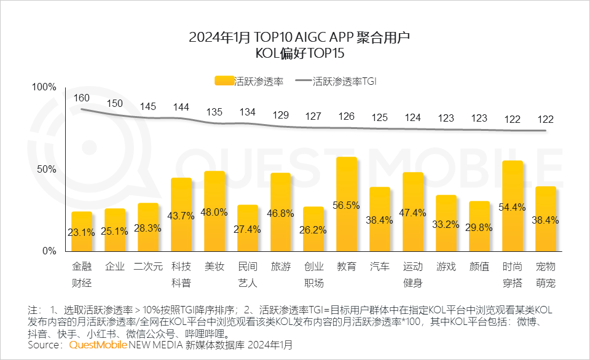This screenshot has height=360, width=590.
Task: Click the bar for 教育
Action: tap(347, 204)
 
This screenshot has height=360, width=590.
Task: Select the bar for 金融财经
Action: tap(82, 232)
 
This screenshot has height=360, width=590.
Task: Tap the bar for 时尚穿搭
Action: tap(513, 206)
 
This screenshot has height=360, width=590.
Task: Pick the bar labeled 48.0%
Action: tap(214, 211)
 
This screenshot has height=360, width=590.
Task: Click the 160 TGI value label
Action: tap(82, 98)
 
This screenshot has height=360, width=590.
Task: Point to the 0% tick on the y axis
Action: tap(49, 251)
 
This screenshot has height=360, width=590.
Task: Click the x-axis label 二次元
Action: tap(148, 267)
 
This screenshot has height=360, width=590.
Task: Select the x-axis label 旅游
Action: tap(280, 267)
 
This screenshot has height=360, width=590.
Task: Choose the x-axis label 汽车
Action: tap(380, 267)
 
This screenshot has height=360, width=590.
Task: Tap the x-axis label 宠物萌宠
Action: tap(546, 275)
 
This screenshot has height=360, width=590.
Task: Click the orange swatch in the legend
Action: tap(224, 81)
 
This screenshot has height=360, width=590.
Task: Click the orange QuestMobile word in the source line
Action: tap(98, 345)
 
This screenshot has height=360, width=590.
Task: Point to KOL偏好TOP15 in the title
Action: tap(294, 54)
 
